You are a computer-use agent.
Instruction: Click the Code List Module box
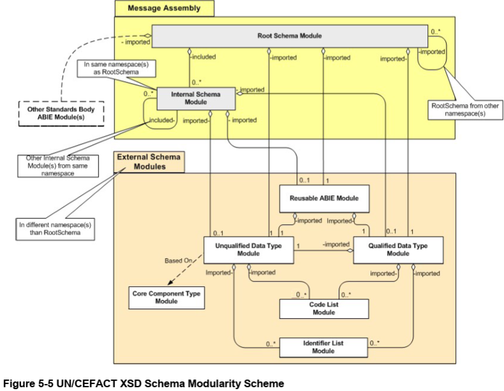[325, 309]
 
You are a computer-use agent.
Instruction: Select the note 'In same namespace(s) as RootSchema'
[106, 69]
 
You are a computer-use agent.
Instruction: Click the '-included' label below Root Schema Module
[203, 57]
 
